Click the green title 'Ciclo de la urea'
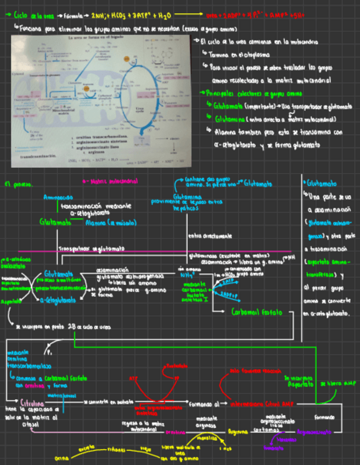coord(28,16)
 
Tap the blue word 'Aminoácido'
coord(57,196)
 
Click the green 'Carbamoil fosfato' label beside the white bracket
coord(257,313)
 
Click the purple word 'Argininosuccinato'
coord(312,432)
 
